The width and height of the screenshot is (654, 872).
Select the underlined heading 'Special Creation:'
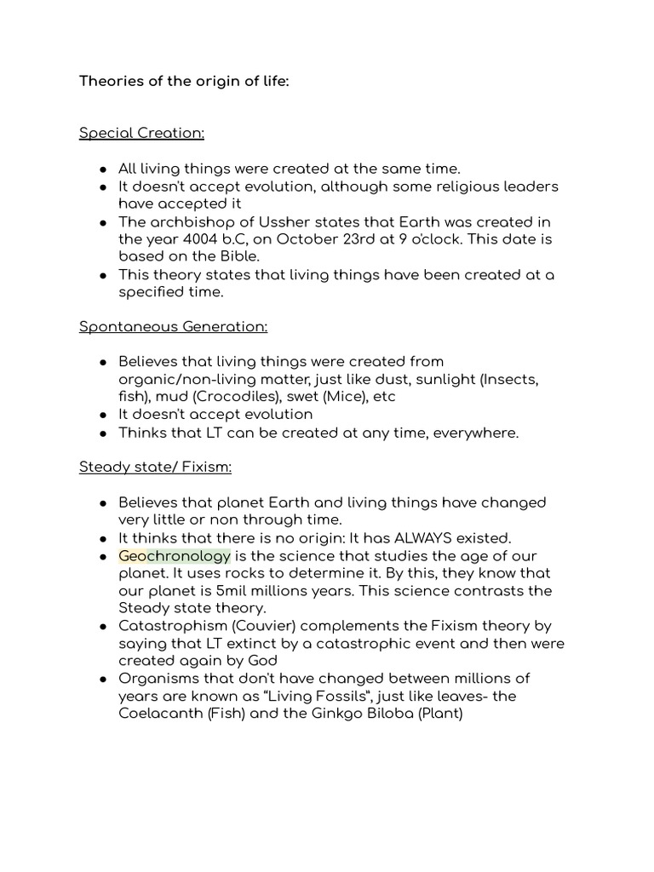141,133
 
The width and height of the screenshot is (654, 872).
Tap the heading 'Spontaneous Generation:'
173,326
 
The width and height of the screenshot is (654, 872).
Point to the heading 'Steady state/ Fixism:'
155,467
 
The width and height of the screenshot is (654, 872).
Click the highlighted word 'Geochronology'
175,556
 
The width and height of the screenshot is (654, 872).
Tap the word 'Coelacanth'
161,714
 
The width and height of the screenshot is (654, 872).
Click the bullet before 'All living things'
102,169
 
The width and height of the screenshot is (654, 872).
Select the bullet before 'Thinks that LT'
102,433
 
